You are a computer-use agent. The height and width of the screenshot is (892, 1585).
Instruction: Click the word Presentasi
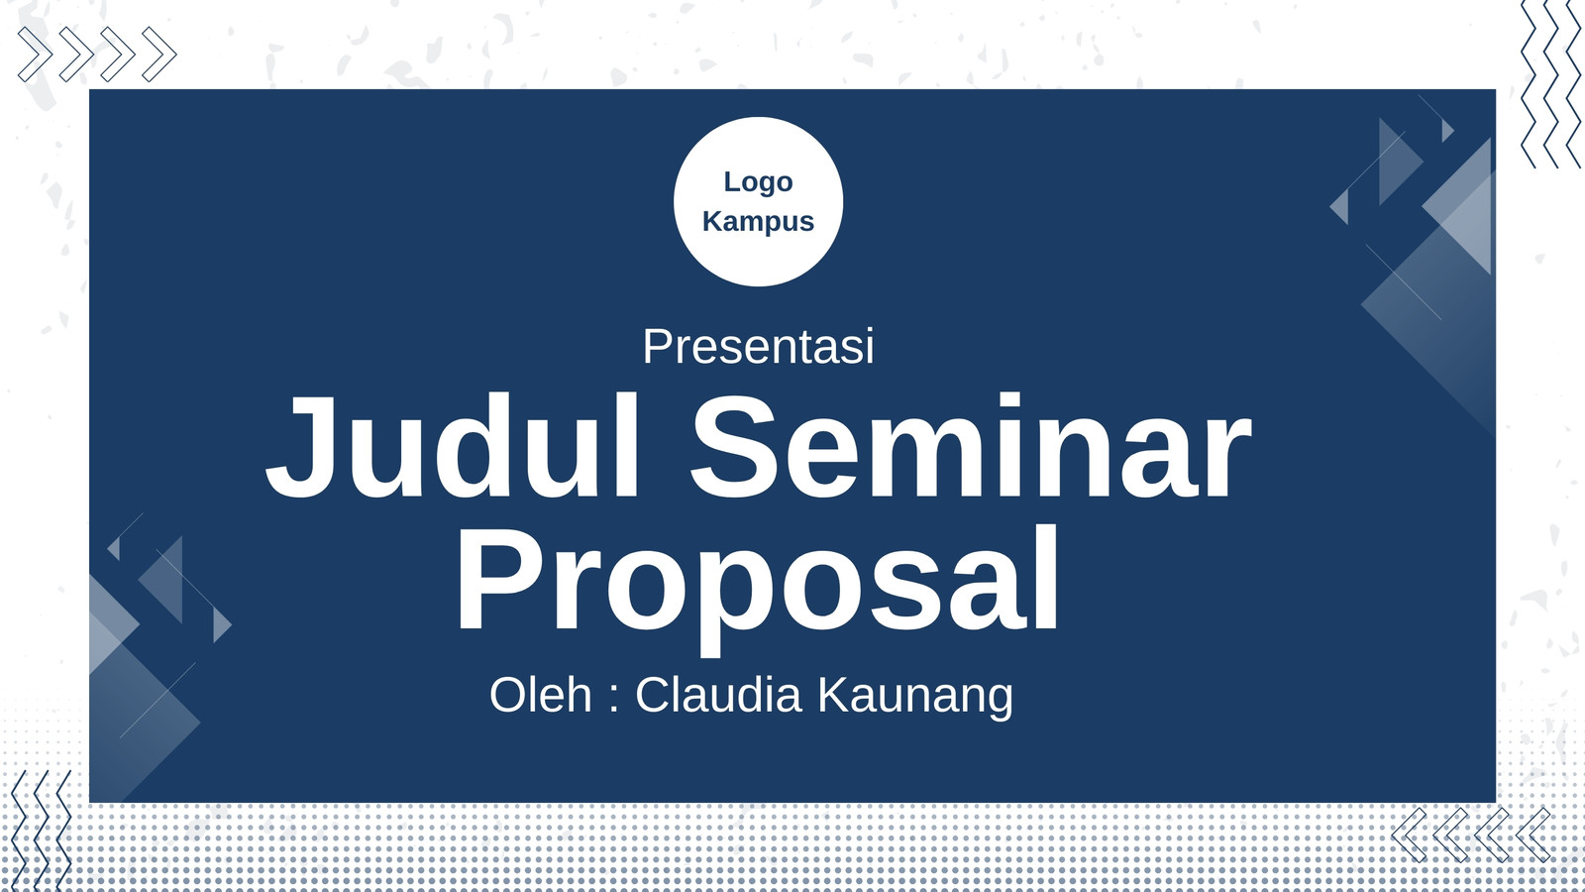758,346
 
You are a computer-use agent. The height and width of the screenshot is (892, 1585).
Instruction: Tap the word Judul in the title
453,447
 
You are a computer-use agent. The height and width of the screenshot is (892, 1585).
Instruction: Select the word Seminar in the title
971,447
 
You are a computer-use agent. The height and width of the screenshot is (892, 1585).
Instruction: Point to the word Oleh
541,695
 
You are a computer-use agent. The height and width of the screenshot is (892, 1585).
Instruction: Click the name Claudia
718,695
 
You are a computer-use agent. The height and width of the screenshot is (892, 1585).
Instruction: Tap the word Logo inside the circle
758,183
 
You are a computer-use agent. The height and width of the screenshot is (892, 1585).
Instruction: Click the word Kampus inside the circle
758,222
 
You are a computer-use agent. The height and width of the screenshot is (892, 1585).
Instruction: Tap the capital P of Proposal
501,579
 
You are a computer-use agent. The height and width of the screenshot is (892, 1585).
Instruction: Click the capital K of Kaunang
835,695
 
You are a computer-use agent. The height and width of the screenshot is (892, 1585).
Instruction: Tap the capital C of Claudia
652,695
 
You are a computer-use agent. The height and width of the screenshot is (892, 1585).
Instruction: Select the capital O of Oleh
508,695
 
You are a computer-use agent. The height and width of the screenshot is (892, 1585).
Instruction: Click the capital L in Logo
731,182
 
